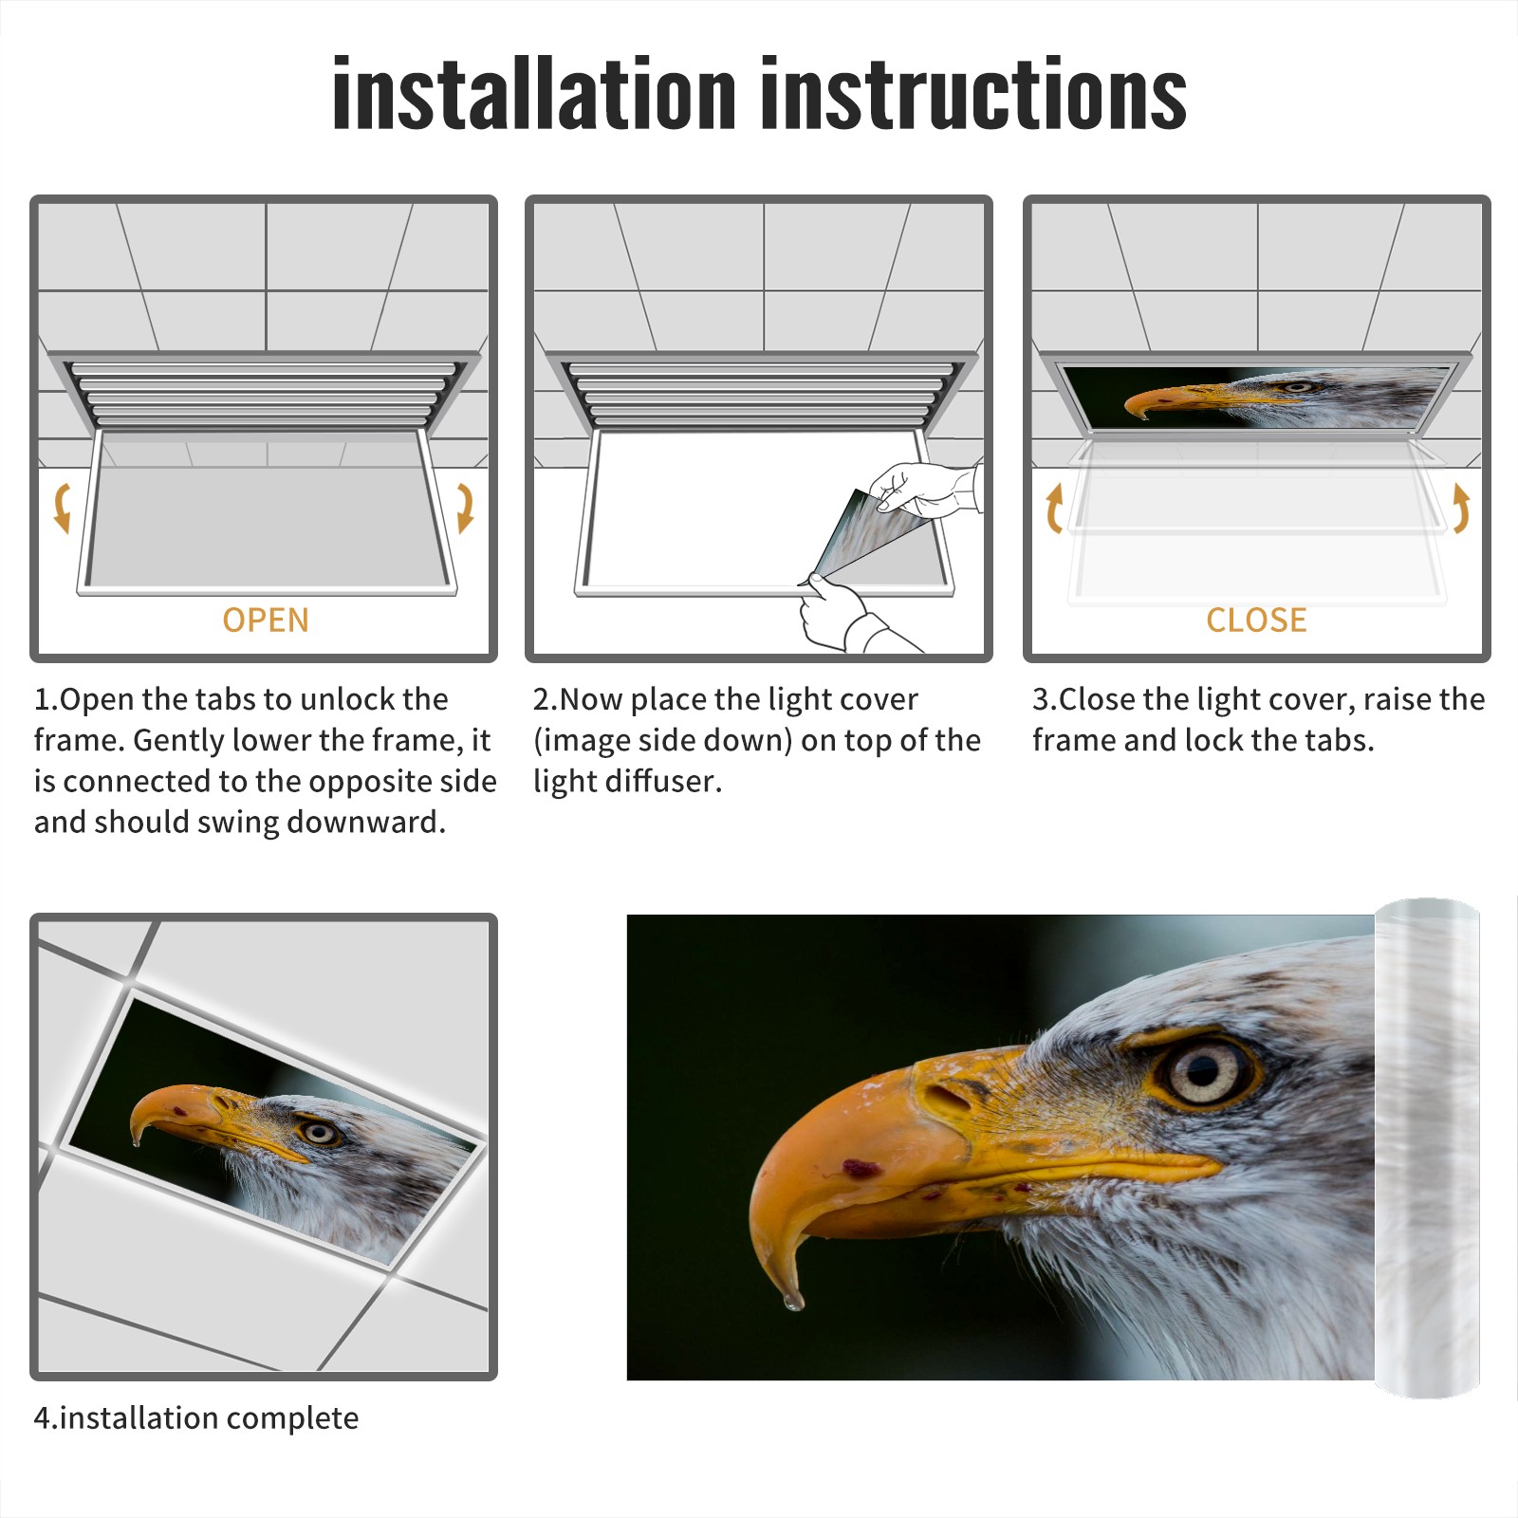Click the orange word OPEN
click(x=266, y=620)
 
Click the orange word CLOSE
click(x=1256, y=620)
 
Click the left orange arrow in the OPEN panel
click(x=62, y=508)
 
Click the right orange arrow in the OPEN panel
click(x=466, y=508)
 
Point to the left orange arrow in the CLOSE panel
click(x=1054, y=508)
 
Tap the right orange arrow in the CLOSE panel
click(x=1461, y=508)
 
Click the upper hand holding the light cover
click(x=925, y=489)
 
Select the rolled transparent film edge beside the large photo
click(x=1427, y=1148)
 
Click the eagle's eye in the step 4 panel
click(x=319, y=1132)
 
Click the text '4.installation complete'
click(x=196, y=1418)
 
